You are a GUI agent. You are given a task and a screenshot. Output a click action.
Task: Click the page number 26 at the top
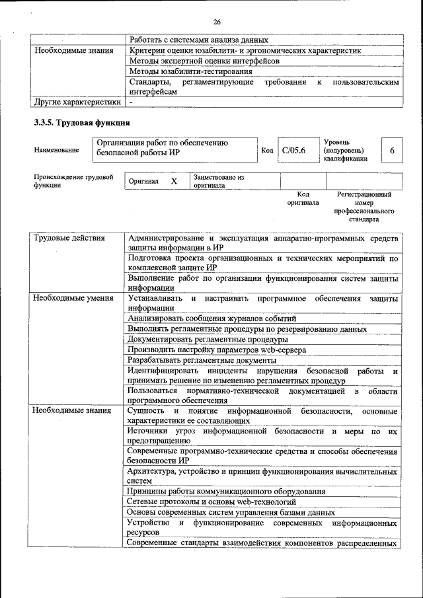click(x=217, y=22)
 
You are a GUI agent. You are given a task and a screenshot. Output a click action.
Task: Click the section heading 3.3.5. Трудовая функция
click(x=82, y=123)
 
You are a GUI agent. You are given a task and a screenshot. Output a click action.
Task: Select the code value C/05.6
click(x=293, y=151)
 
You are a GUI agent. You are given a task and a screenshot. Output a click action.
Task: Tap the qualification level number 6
click(x=392, y=151)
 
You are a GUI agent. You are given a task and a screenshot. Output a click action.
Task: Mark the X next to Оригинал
click(x=174, y=180)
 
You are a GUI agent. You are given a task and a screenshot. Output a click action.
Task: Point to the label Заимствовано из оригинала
click(x=219, y=181)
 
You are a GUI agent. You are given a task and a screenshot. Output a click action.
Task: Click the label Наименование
click(x=56, y=151)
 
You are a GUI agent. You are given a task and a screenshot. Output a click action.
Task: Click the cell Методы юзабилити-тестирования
click(x=190, y=71)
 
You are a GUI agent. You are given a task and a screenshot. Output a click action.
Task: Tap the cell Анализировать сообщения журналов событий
click(x=212, y=318)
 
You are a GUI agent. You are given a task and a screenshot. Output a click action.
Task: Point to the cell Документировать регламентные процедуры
click(x=207, y=339)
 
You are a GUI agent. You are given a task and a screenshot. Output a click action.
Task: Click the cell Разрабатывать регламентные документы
click(x=202, y=360)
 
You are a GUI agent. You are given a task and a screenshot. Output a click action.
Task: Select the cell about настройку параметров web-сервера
click(x=217, y=350)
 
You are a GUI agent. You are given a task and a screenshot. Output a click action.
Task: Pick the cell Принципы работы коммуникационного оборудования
click(x=225, y=491)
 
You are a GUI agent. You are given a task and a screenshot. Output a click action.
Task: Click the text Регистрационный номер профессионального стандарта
click(x=364, y=207)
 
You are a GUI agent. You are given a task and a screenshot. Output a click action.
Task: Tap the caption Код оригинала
click(x=303, y=199)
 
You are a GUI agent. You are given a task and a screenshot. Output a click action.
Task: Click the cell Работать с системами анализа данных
click(x=198, y=40)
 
